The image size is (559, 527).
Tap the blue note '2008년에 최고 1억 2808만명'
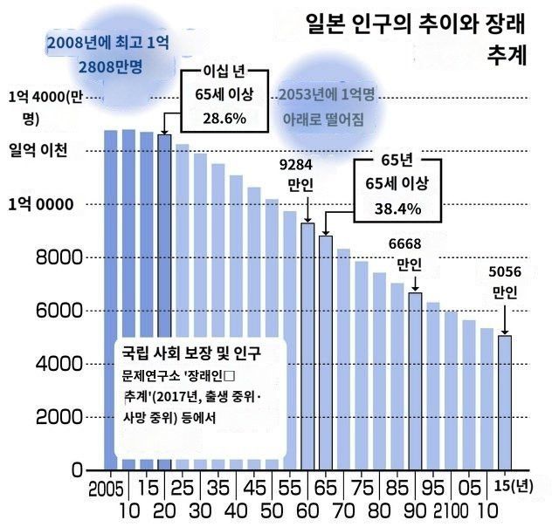tap(110, 54)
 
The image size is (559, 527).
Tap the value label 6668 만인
tap(408, 253)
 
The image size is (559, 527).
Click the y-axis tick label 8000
tap(59, 258)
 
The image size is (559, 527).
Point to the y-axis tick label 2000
tap(59, 417)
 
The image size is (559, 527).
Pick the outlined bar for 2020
tap(163, 302)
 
